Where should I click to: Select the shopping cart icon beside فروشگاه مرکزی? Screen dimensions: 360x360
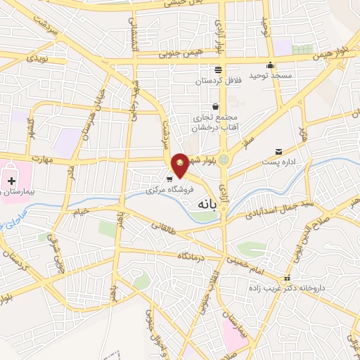(x=169, y=179)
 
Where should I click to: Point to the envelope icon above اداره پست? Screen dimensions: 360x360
(x=280, y=152)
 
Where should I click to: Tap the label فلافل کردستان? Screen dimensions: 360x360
(x=219, y=81)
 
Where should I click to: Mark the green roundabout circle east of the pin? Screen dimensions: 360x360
(x=224, y=160)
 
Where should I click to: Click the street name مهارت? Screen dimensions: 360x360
(x=42, y=160)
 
